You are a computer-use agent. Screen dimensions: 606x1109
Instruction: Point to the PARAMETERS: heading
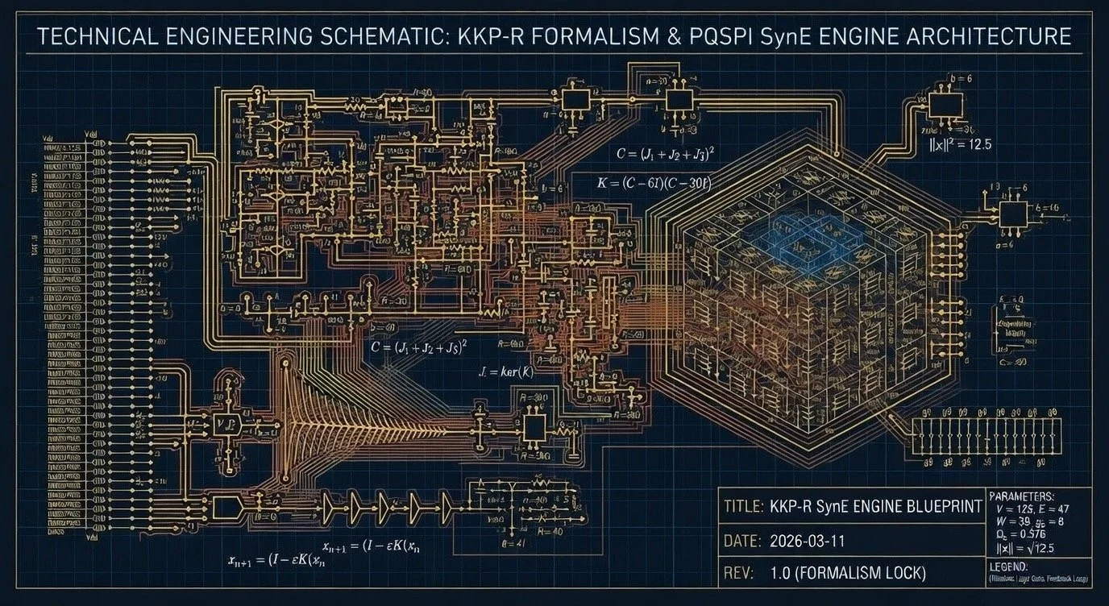tap(1020, 496)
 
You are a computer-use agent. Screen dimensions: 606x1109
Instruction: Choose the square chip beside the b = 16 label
tap(1012, 214)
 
